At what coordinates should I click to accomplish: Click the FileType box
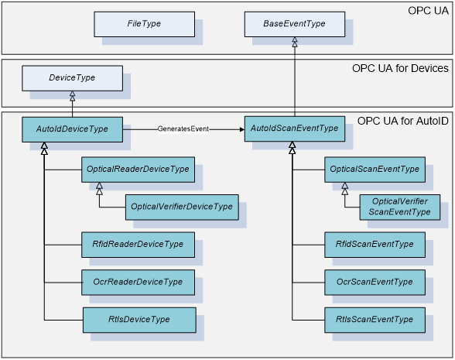pyautogui.click(x=144, y=25)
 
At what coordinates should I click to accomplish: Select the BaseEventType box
pyautogui.click(x=295, y=25)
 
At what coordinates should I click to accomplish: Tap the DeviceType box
pyautogui.click(x=72, y=78)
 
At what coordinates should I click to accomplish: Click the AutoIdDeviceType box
pyautogui.click(x=72, y=129)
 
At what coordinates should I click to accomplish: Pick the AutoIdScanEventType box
pyautogui.click(x=295, y=129)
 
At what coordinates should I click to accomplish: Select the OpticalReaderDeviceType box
pyautogui.click(x=138, y=170)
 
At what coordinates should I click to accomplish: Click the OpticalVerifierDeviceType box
pyautogui.click(x=182, y=207)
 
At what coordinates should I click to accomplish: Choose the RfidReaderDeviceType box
pyautogui.click(x=138, y=245)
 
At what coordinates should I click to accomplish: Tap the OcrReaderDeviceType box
pyautogui.click(x=138, y=283)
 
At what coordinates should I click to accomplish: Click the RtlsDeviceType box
pyautogui.click(x=139, y=321)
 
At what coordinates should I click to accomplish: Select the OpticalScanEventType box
pyautogui.click(x=375, y=170)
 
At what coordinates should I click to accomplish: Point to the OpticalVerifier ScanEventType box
pyautogui.click(x=400, y=207)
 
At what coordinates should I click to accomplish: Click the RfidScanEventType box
pyautogui.click(x=375, y=245)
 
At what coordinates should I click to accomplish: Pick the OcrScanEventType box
pyautogui.click(x=375, y=283)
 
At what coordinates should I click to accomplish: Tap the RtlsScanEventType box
pyautogui.click(x=375, y=321)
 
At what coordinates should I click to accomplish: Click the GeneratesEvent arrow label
pyautogui.click(x=183, y=129)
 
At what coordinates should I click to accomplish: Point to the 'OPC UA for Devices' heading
pyautogui.click(x=400, y=68)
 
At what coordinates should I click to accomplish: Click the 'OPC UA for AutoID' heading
pyautogui.click(x=402, y=121)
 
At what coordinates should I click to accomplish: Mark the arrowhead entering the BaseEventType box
pyautogui.click(x=295, y=42)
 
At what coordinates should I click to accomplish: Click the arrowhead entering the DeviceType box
pyautogui.click(x=73, y=96)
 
